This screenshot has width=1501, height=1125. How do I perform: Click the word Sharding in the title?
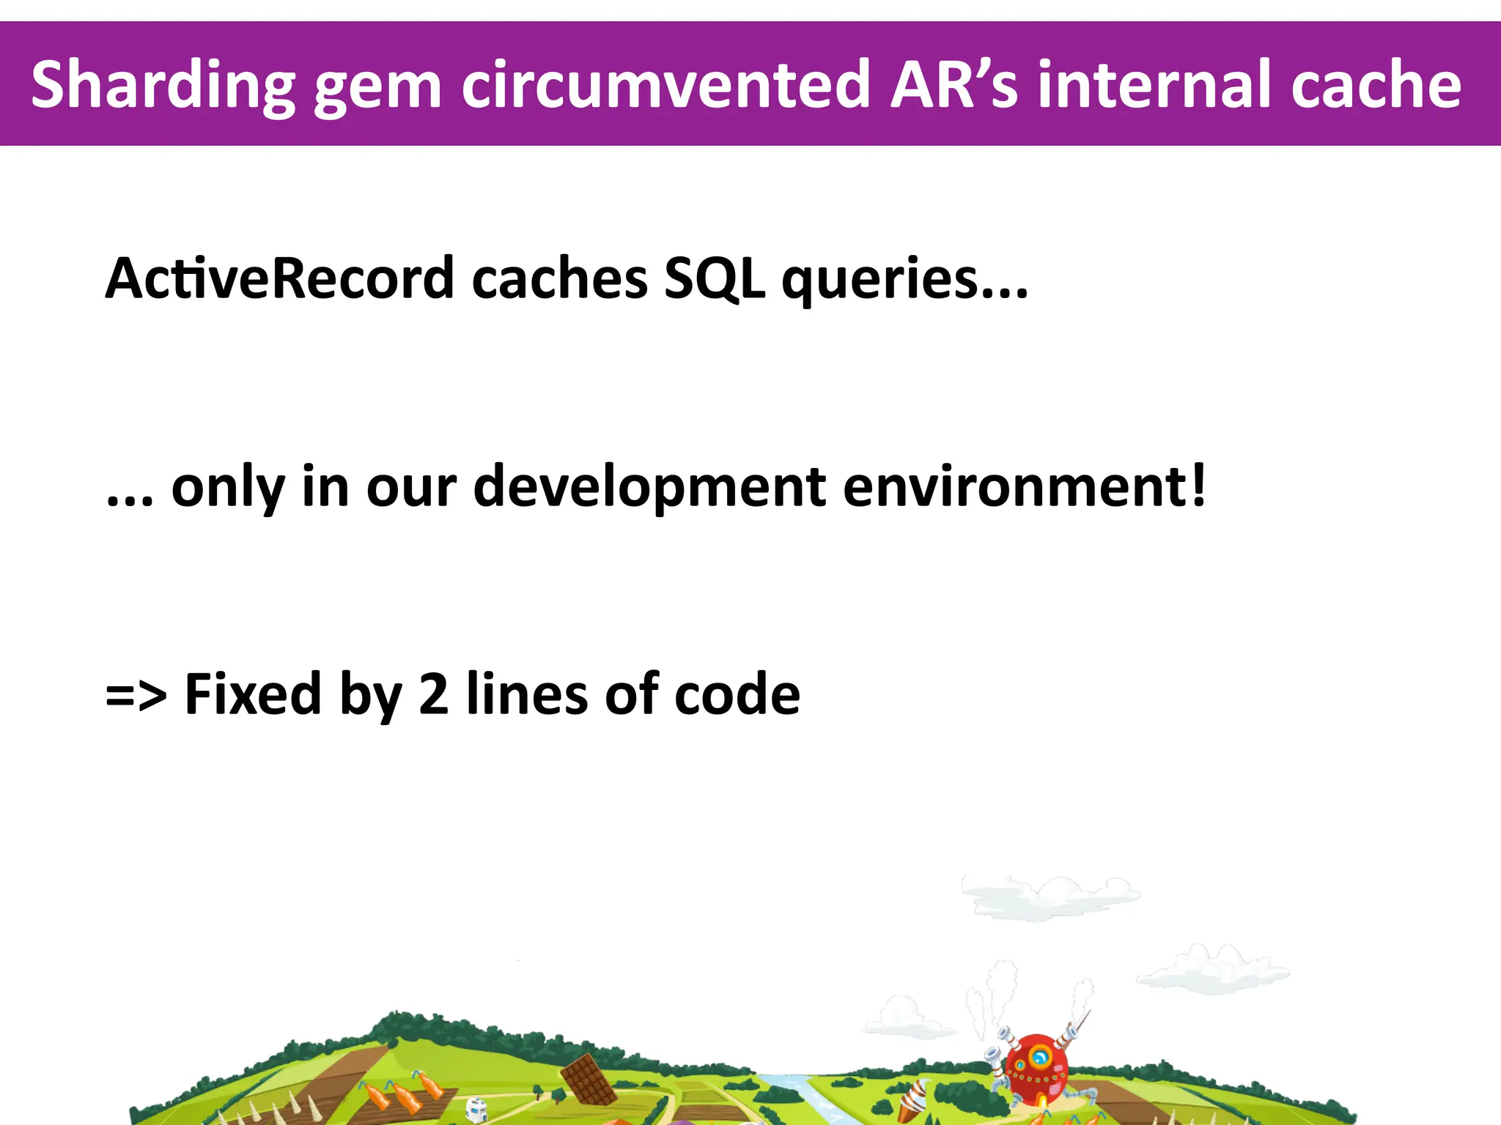[x=163, y=86]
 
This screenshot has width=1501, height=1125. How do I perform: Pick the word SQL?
[x=715, y=281]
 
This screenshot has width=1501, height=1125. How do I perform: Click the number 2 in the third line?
[x=433, y=694]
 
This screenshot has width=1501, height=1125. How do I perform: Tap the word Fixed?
[x=253, y=694]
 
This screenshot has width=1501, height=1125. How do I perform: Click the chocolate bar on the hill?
[x=589, y=1078]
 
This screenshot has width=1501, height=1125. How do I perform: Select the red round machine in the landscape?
[x=1036, y=1066]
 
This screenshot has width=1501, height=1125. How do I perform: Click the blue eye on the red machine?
[x=1039, y=1057]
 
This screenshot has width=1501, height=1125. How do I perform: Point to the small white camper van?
[x=477, y=1109]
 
